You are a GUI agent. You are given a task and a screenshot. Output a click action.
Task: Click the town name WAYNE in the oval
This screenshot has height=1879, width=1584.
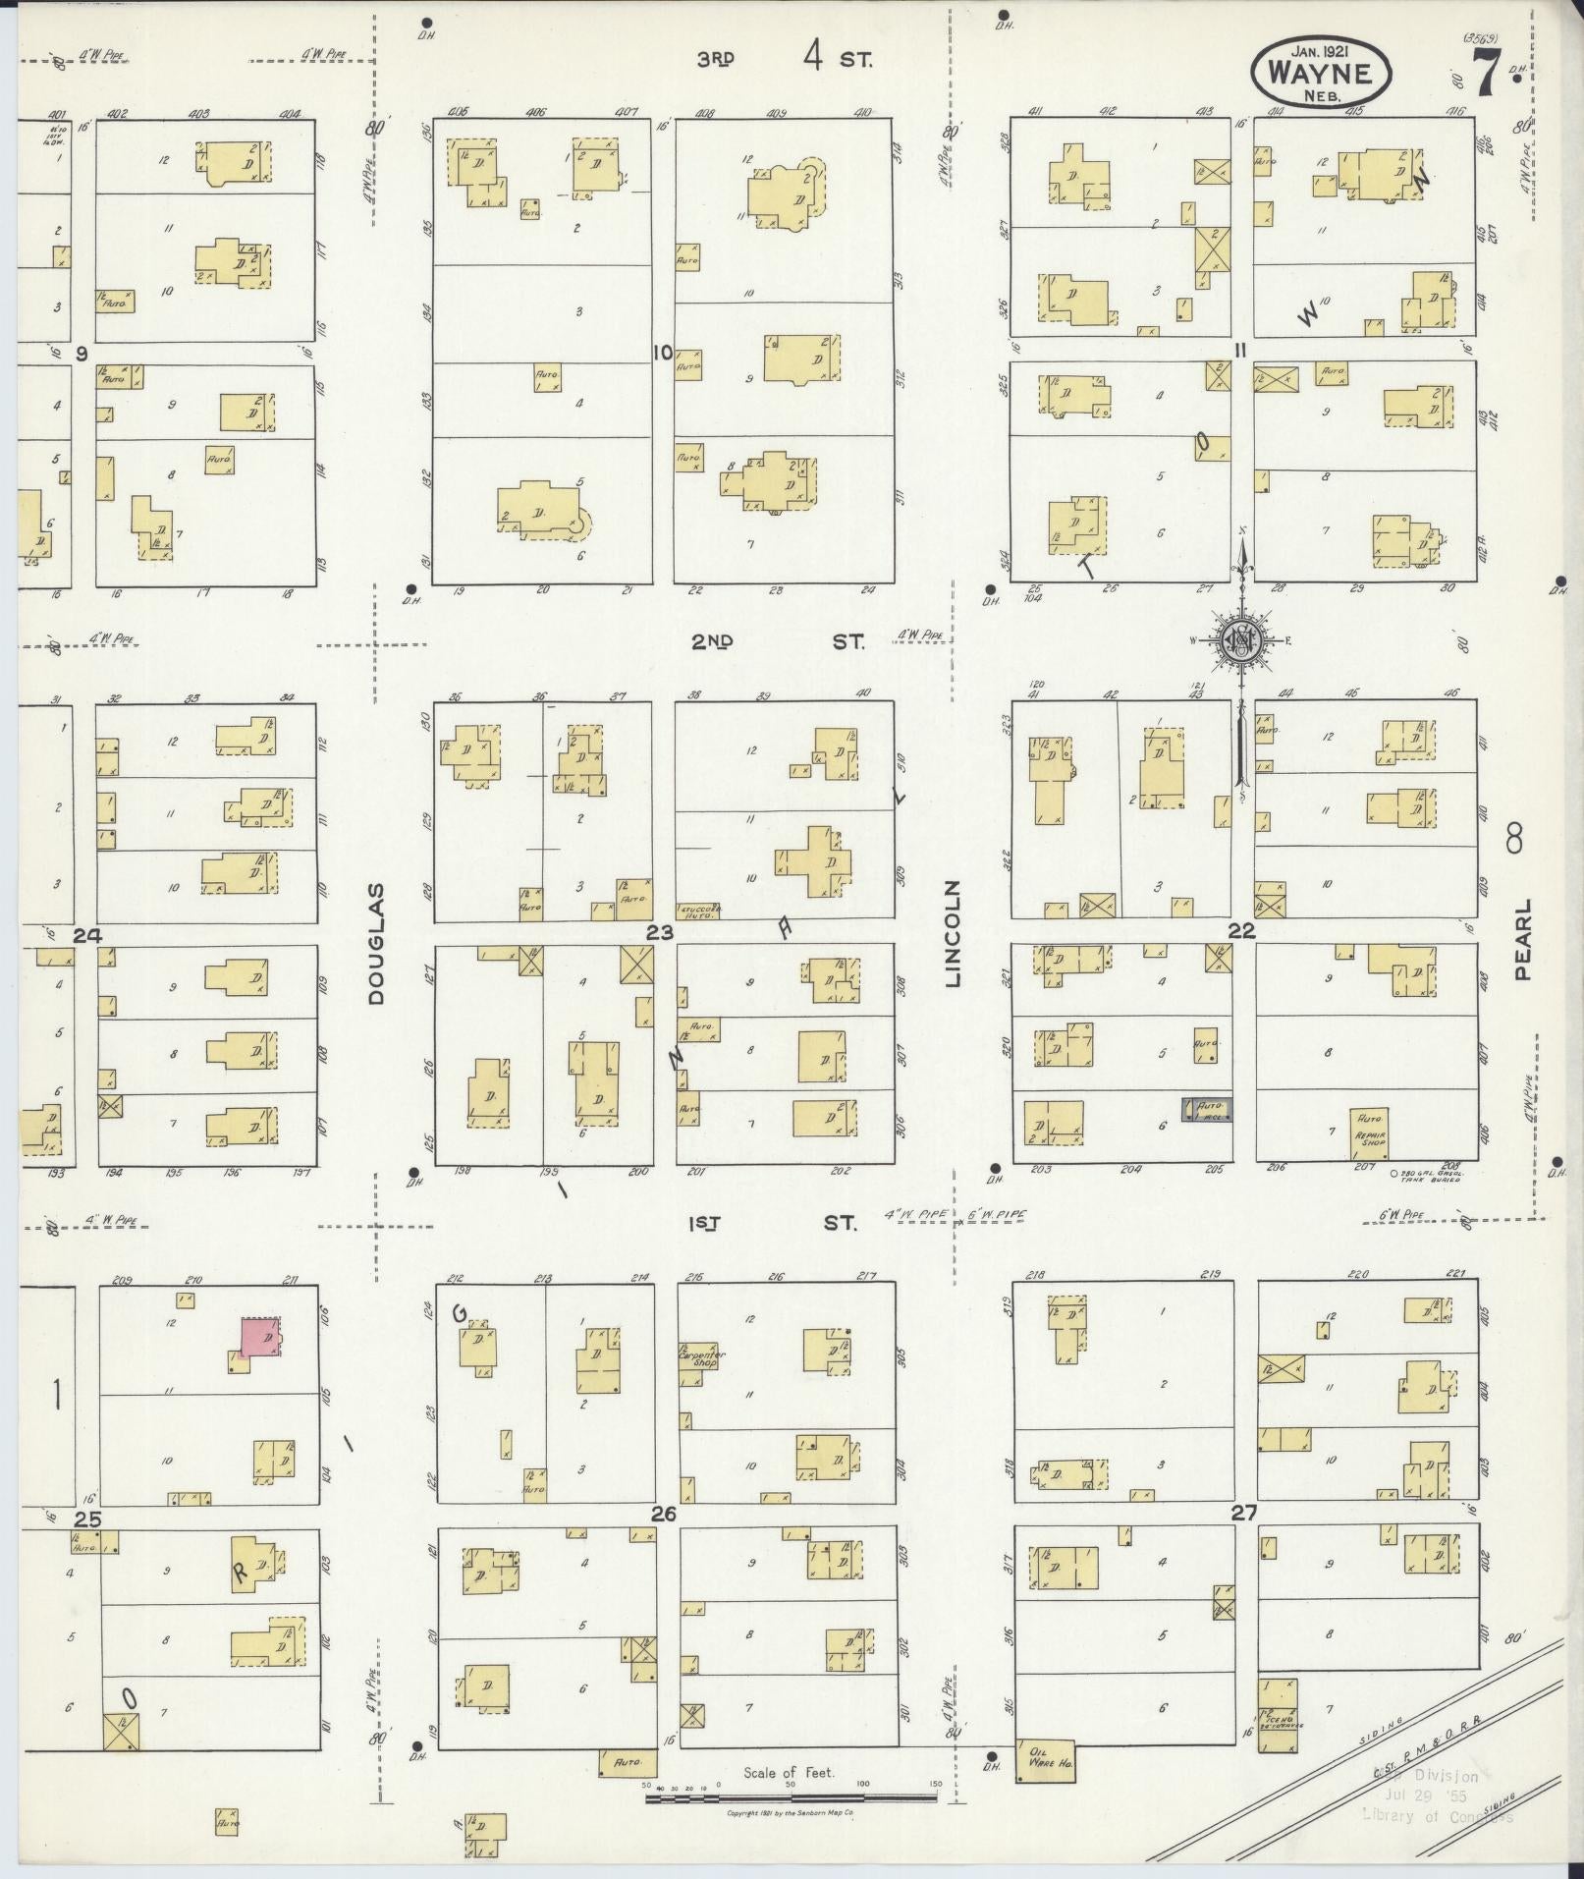coord(1321,73)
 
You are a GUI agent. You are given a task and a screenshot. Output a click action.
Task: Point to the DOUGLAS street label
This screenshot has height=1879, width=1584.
coord(377,943)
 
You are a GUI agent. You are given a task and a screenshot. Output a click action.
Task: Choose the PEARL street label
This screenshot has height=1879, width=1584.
coord(1522,938)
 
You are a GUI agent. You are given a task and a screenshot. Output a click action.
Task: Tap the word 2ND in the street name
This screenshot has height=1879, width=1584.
coord(713,642)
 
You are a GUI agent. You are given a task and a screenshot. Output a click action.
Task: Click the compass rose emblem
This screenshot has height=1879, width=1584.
coord(1241,642)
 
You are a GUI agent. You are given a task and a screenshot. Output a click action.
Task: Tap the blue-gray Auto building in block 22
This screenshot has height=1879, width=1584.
coord(1205,1109)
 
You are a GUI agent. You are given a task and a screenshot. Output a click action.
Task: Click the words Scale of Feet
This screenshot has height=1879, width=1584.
coord(789,1772)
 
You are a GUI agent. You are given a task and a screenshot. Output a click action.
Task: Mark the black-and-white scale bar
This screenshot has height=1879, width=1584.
coord(791,1796)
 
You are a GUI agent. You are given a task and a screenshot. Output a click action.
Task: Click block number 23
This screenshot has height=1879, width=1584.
coord(658,931)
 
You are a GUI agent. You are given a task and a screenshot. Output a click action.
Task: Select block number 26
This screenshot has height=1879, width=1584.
coord(664,1515)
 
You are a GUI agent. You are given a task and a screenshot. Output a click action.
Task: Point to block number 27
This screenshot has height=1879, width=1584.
coord(1244,1514)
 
